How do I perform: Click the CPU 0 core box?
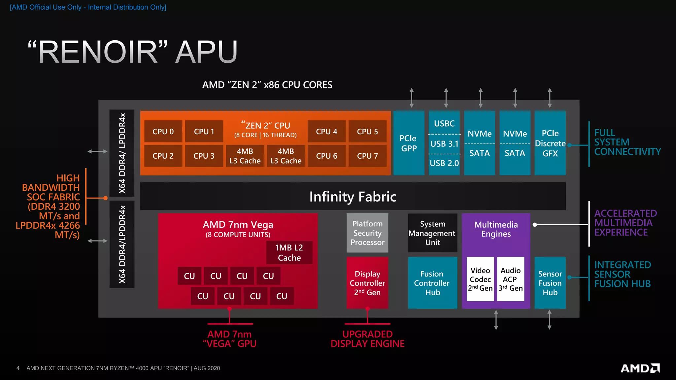click(x=163, y=132)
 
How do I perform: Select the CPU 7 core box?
click(x=367, y=156)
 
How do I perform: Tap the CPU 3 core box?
click(x=204, y=156)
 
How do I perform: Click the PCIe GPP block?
click(x=409, y=143)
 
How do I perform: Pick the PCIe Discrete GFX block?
click(x=550, y=143)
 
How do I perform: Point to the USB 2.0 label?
click(x=444, y=163)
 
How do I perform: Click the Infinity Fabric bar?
click(x=353, y=197)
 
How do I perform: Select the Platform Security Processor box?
click(x=367, y=233)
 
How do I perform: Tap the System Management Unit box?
click(x=432, y=233)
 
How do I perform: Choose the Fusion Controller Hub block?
click(x=432, y=283)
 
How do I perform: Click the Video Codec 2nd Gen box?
click(x=480, y=279)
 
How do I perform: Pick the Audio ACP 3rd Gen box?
click(x=511, y=279)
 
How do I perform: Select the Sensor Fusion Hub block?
click(x=550, y=283)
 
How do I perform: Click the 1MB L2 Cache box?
click(x=289, y=253)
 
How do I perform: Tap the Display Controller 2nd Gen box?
click(x=367, y=283)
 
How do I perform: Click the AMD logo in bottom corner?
click(x=640, y=368)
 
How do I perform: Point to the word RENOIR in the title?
click(x=98, y=52)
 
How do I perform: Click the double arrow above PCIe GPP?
click(x=412, y=98)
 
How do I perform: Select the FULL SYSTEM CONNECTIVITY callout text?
click(x=627, y=142)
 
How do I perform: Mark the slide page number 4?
click(x=18, y=368)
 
